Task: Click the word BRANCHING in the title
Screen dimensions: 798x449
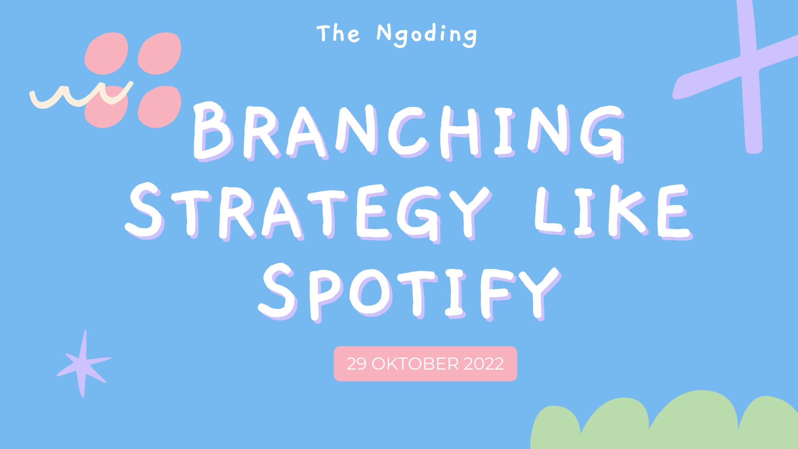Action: (409, 132)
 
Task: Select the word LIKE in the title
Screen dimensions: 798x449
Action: (613, 211)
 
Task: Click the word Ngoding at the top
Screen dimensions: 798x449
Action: (426, 35)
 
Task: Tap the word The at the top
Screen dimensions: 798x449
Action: (338, 33)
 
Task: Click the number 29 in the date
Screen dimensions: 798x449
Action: (357, 364)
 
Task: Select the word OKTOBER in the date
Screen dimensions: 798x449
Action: (415, 364)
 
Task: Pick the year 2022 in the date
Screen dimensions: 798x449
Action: (484, 364)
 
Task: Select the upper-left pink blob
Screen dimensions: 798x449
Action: (106, 53)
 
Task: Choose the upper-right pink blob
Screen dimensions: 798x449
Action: (160, 53)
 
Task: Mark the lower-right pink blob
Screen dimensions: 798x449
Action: (160, 106)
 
